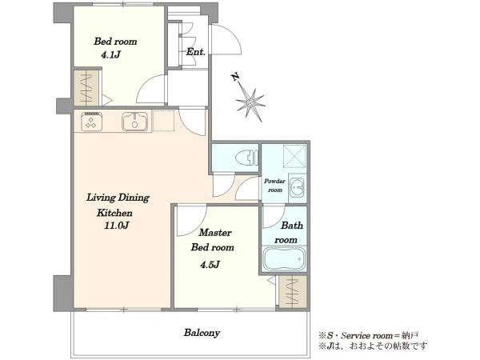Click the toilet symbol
(x=247, y=158)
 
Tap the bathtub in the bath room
(x=284, y=258)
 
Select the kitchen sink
(x=134, y=122)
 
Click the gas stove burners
(x=91, y=122)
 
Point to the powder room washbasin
(x=298, y=187)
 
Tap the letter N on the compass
(x=235, y=77)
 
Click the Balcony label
(x=202, y=333)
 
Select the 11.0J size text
(x=116, y=226)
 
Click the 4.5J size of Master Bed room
(x=210, y=265)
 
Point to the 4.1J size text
(x=110, y=54)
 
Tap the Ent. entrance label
(x=196, y=52)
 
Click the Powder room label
(x=275, y=186)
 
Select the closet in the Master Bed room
(x=293, y=292)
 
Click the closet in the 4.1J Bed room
(x=86, y=88)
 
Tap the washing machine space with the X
(x=294, y=156)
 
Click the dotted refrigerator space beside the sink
(x=163, y=121)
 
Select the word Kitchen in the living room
(x=114, y=213)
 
